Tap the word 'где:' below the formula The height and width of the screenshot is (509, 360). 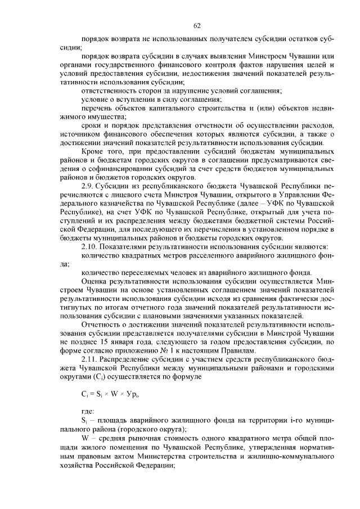coord(88,412)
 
